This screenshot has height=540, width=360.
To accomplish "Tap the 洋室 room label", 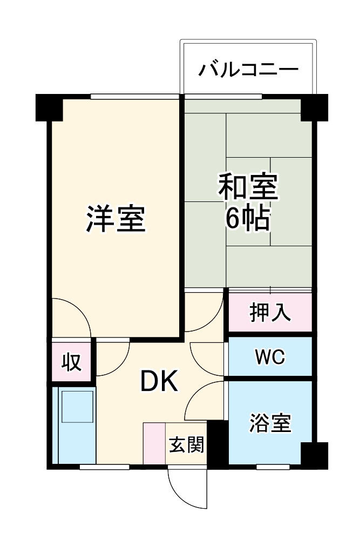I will (116, 218).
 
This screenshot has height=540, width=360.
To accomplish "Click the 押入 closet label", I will (270, 313).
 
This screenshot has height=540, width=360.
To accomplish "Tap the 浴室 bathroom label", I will (270, 423).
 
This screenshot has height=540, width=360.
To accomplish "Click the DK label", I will (159, 382).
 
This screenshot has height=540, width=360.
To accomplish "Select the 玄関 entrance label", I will (187, 445).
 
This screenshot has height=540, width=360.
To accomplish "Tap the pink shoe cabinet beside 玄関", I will (154, 443).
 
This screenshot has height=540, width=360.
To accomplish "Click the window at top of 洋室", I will (134, 97).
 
